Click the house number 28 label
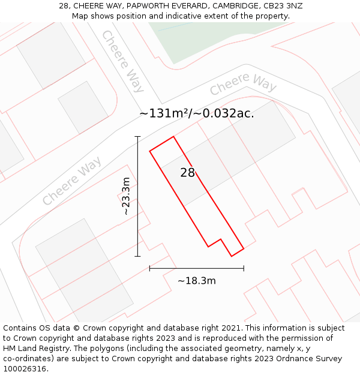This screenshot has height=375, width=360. [x=188, y=173]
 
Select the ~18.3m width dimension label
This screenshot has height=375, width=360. [x=197, y=280]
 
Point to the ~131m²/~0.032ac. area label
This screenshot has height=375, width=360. [x=197, y=113]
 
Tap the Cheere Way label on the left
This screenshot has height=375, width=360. [x=72, y=181]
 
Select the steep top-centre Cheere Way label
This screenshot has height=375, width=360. [x=123, y=61]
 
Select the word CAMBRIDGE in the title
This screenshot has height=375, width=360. [x=231, y=6]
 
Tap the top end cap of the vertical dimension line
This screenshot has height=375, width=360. [x=138, y=137]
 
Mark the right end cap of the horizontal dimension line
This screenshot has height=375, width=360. [x=244, y=268]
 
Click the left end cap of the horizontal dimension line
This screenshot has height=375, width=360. [x=150, y=268]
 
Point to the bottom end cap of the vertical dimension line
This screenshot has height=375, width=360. [x=138, y=256]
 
